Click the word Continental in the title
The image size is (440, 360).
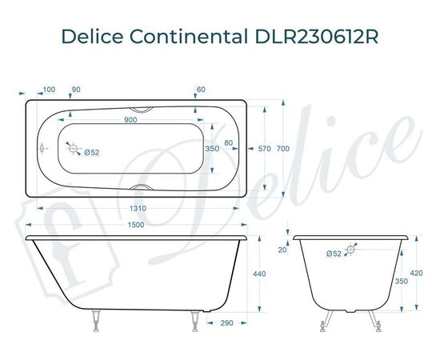point(192,37)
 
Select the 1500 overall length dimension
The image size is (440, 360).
point(135,225)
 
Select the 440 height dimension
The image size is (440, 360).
point(258,274)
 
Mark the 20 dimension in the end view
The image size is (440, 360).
point(282,249)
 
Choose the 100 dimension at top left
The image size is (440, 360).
point(50,89)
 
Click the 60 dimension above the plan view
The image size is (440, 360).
point(201,89)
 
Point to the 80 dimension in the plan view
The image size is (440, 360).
point(229,143)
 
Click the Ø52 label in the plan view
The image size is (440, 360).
point(91,152)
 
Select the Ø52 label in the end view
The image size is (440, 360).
point(334,254)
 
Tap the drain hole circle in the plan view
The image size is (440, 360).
point(74,148)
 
